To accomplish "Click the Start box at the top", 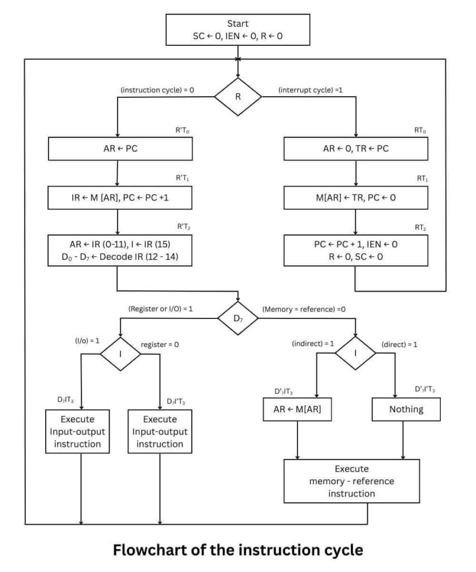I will tap(238, 30).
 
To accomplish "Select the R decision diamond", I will tap(238, 96).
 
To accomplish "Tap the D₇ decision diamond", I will tap(238, 318).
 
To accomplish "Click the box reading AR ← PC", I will tap(121, 149).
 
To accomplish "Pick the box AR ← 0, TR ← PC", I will tap(356, 149).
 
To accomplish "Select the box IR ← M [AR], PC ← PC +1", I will tap(121, 197).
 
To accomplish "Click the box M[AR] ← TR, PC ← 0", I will tap(356, 197).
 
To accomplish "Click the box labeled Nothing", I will tap(406, 409).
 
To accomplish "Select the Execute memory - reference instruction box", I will tap(352, 481).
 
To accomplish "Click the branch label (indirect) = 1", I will tap(312, 344).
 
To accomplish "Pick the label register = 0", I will tap(160, 345).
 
